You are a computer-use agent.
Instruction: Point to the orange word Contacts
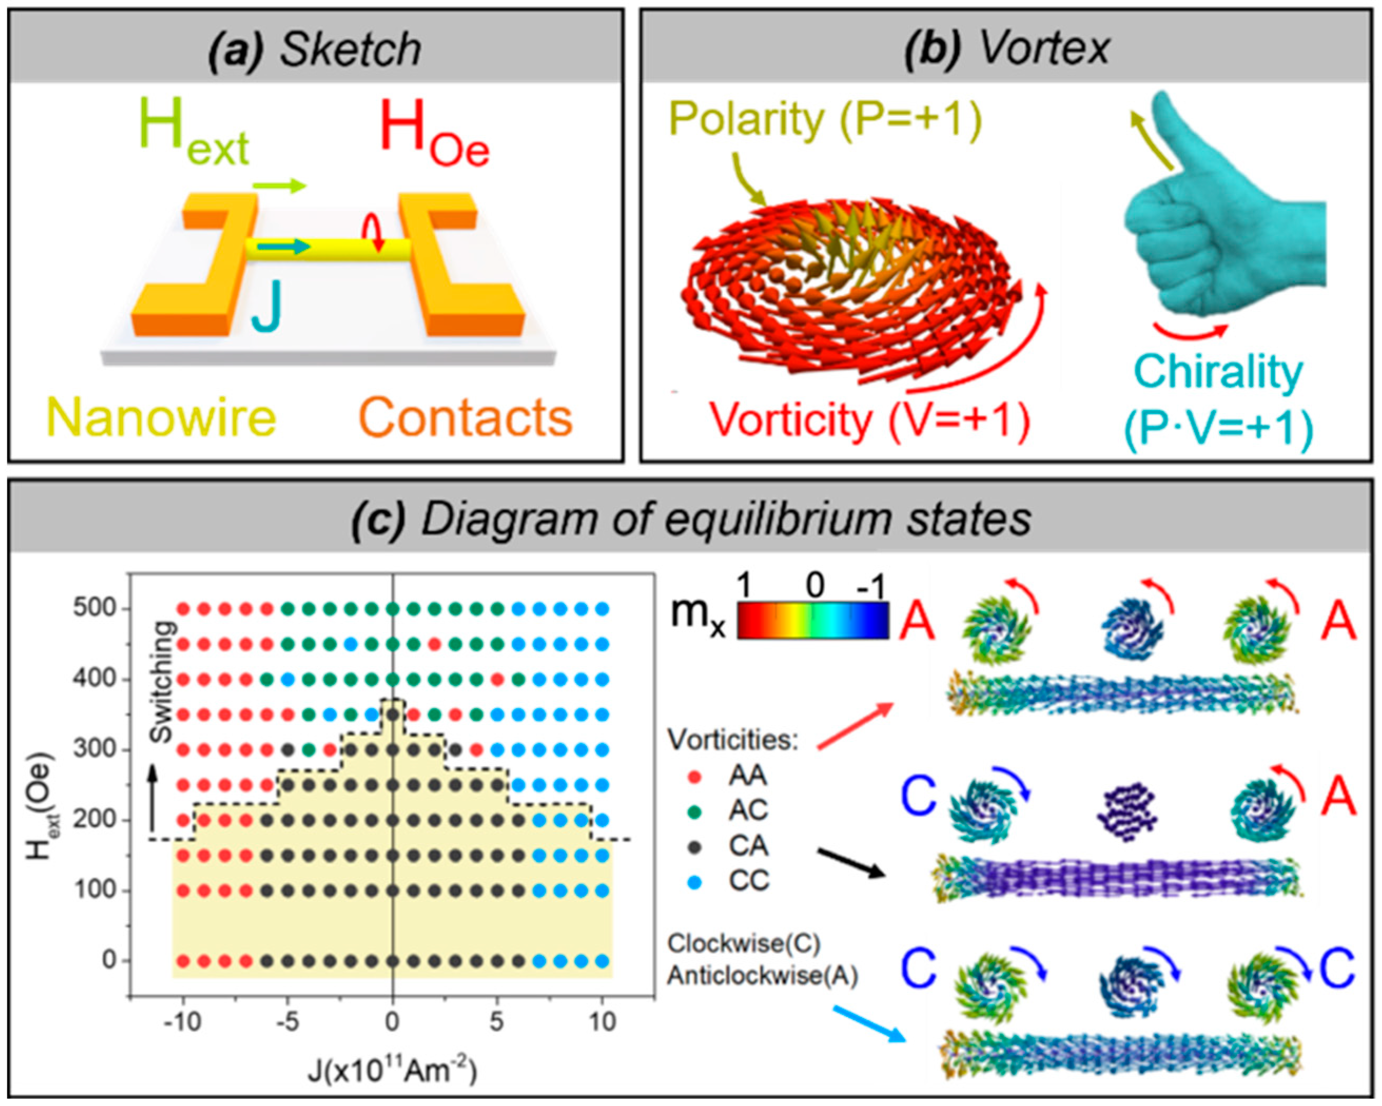[465, 417]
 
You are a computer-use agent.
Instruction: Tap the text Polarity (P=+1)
[825, 119]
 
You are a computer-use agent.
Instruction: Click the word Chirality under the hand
[1219, 372]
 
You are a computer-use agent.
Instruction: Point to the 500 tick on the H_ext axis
[96, 608]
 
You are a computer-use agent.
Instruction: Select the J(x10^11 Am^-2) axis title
[393, 1070]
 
